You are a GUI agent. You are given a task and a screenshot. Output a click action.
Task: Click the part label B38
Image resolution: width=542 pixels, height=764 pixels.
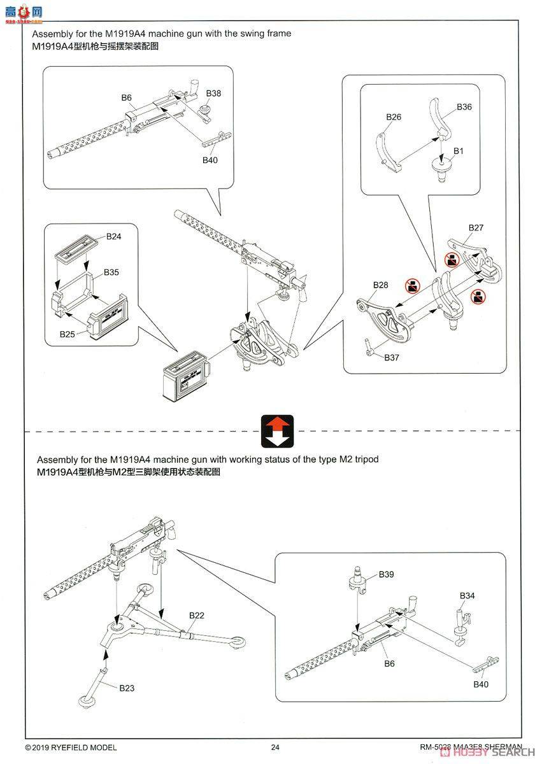pos(214,94)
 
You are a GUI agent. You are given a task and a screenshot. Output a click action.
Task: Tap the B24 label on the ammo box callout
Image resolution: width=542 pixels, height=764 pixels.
pos(113,236)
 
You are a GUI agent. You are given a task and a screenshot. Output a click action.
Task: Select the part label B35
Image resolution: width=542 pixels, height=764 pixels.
pos(111,272)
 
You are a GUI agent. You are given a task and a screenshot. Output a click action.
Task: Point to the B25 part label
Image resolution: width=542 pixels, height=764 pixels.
pos(68,334)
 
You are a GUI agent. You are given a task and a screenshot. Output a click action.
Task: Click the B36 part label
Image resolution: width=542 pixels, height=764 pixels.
pos(464,107)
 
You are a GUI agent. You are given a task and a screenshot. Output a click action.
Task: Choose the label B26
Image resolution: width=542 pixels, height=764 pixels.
pos(394,117)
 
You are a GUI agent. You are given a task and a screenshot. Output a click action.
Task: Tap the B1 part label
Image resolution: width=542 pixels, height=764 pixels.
pos(458,151)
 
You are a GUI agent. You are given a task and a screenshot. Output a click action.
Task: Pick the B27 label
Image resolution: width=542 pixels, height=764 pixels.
pos(476,227)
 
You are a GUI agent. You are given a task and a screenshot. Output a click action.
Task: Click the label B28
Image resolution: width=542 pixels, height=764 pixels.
pos(380,285)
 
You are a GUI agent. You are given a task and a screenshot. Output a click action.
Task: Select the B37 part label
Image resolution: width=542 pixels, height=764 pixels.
pos(392,358)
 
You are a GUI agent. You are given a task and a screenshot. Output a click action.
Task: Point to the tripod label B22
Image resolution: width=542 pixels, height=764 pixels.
pos(196,616)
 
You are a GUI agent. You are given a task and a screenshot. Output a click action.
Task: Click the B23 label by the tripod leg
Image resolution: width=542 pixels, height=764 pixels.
pos(126,688)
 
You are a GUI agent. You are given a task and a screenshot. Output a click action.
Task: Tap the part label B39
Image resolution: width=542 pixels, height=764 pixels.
pos(386,574)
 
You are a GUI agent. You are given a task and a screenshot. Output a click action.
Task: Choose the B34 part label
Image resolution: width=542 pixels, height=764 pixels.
pos(467,596)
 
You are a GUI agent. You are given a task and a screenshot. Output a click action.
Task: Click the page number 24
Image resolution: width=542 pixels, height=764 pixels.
pos(275,747)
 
